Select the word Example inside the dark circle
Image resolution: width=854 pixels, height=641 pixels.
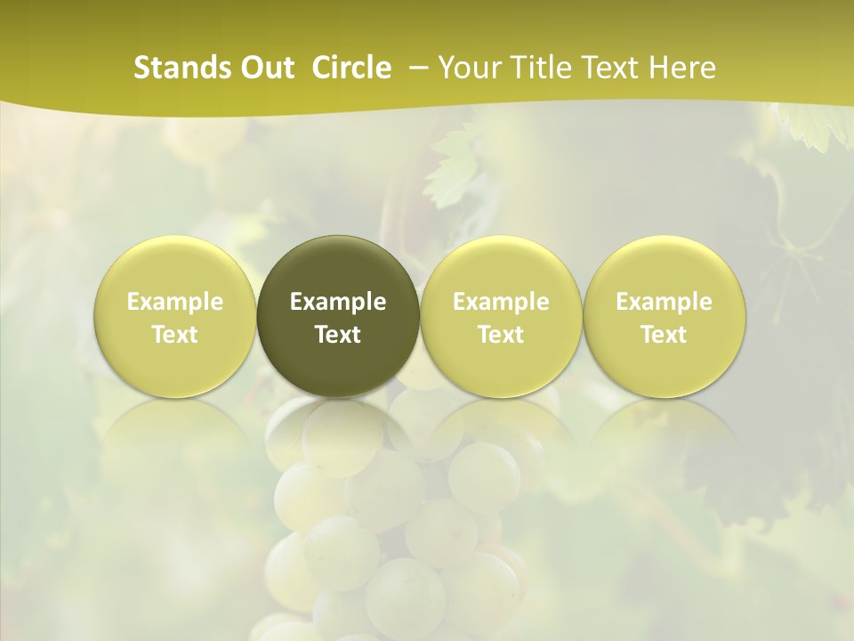coord(338,302)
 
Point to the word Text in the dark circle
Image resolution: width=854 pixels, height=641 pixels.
coord(338,335)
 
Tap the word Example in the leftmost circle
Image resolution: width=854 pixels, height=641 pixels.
coord(175,302)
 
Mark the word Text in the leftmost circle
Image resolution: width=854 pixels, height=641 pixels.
coord(175,335)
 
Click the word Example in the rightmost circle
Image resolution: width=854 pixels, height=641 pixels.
coord(664,302)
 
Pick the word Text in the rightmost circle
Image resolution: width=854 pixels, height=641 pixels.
coord(664,335)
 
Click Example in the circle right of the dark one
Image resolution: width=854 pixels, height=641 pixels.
coord(501,302)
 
